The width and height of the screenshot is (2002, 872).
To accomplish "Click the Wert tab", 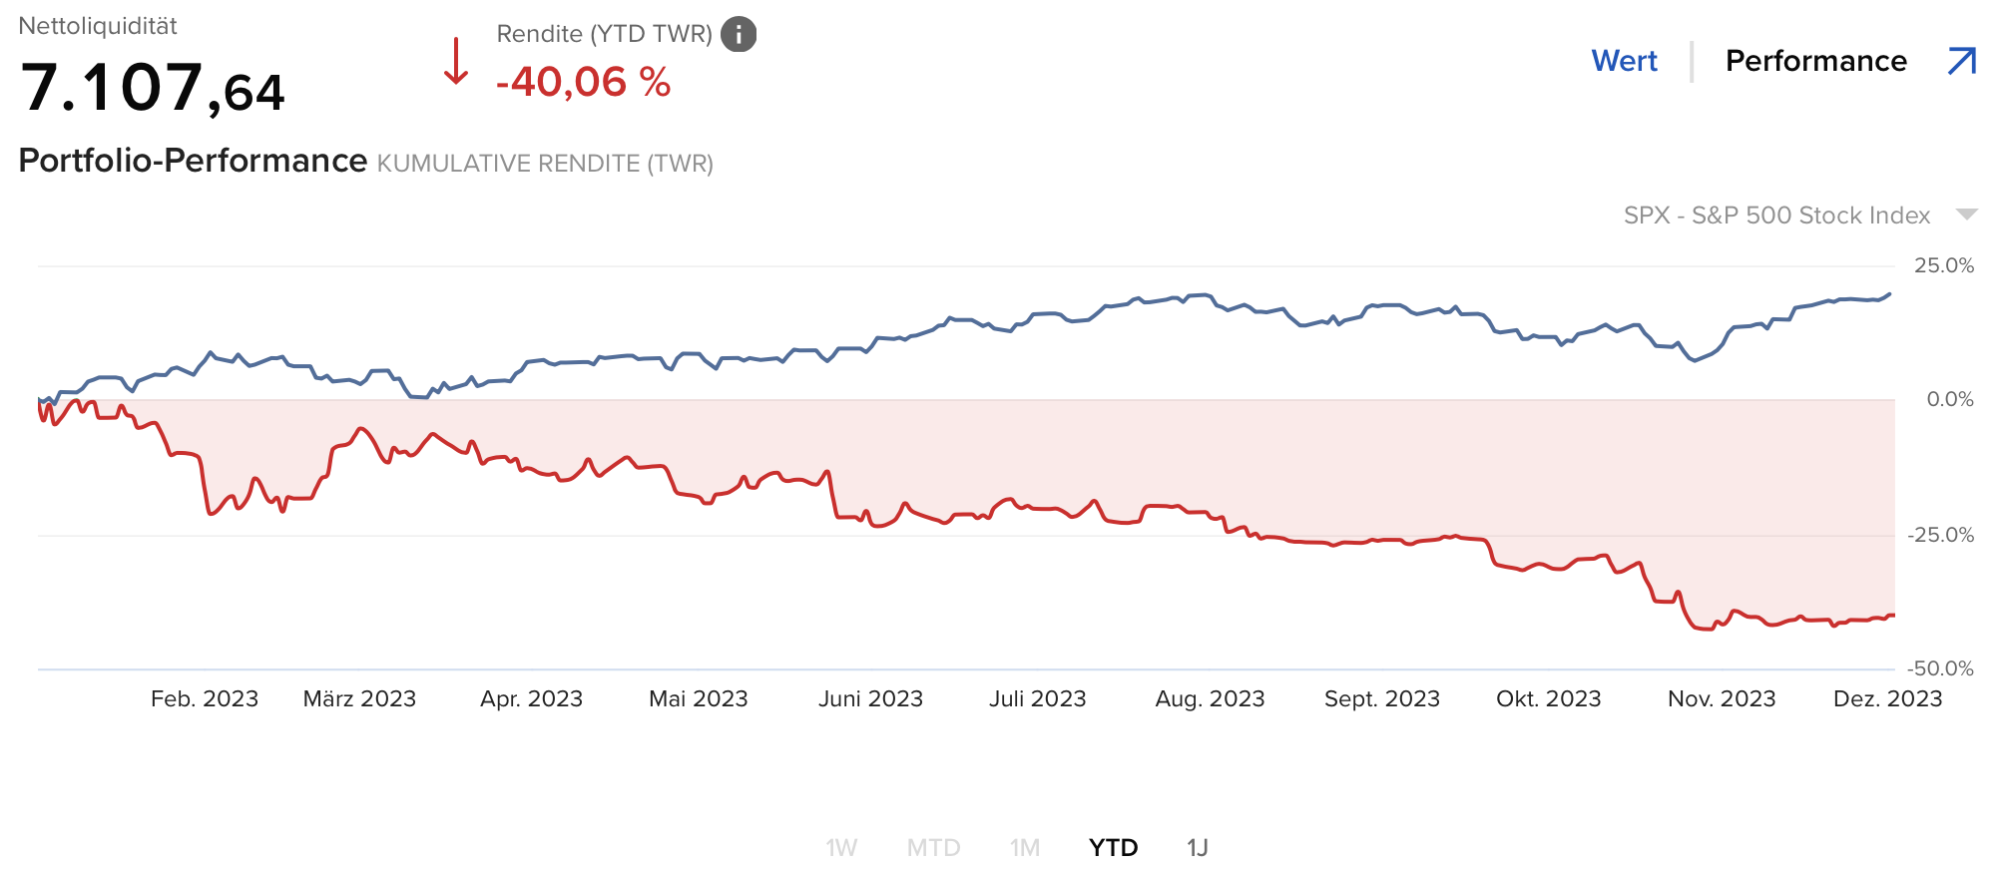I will point(1624,61).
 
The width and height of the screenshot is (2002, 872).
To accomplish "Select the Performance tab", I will point(1815,61).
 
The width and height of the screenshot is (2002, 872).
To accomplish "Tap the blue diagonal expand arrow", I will point(1961,61).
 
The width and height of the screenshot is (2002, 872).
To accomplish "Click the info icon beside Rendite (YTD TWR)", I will point(739,35).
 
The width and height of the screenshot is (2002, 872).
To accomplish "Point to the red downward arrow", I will point(456,62).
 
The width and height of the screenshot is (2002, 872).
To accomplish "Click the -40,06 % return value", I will point(583,82).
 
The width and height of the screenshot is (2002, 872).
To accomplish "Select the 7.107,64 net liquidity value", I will point(153,88).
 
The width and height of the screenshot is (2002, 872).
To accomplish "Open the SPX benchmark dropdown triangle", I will point(1966,215).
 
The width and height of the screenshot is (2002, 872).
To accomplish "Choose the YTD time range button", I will point(1113,847).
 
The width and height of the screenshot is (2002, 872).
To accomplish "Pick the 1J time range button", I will point(1197,847).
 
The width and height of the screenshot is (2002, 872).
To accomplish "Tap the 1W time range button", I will point(841,847).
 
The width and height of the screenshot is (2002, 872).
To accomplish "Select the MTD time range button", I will point(933,847).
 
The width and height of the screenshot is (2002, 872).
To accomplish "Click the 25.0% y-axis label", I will point(1943,265).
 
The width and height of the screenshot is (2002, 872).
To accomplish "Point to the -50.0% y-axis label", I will point(1939,668).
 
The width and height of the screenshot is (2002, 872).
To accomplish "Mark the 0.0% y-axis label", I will point(1949,399).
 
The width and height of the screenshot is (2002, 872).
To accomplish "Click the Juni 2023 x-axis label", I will point(870,698).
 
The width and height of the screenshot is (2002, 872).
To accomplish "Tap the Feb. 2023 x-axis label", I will point(205,698).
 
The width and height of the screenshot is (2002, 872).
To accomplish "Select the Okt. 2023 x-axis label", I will point(1548,698).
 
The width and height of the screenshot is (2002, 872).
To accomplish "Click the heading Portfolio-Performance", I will point(193,161).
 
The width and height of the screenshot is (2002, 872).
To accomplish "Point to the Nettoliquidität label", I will point(98,26).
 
